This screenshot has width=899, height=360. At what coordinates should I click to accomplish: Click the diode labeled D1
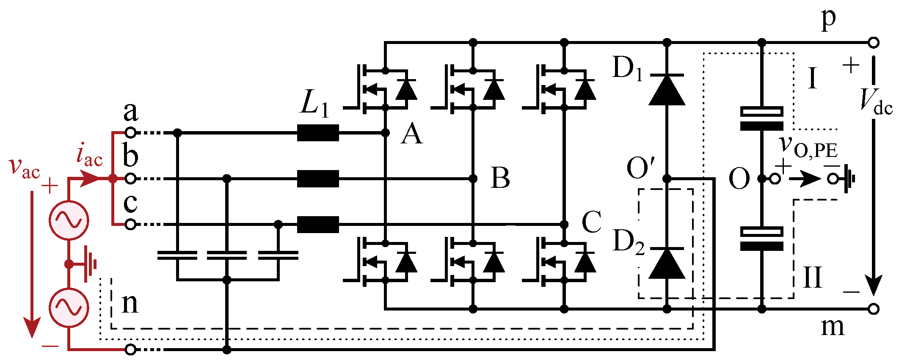[x=667, y=90]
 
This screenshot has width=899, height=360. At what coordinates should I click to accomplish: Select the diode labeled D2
[x=667, y=263]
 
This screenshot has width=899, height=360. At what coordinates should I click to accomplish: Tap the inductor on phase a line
[x=318, y=133]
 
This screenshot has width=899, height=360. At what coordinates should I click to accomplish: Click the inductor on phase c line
[x=318, y=224]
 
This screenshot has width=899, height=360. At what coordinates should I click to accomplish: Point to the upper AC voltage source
[x=69, y=220]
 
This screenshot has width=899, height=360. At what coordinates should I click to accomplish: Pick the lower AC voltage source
[x=69, y=308]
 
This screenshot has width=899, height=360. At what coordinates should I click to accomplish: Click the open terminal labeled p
[x=873, y=42]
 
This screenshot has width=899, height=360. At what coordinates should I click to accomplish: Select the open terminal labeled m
[x=873, y=309]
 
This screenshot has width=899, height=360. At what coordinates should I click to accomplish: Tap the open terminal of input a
[x=131, y=133]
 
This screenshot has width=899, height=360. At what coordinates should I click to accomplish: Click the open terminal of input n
[x=131, y=349]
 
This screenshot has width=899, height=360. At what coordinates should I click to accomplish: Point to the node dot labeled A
[x=385, y=133]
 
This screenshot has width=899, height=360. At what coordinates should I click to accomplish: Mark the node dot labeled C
[x=564, y=224]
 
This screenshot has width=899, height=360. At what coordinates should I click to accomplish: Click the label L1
[x=314, y=104]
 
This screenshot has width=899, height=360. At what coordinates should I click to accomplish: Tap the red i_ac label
[x=89, y=155]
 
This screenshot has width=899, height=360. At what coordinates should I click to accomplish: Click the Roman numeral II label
[x=813, y=278]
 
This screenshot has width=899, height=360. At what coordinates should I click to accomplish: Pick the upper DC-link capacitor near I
[x=761, y=118]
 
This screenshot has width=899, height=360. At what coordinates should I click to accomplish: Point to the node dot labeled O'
[x=667, y=179]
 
